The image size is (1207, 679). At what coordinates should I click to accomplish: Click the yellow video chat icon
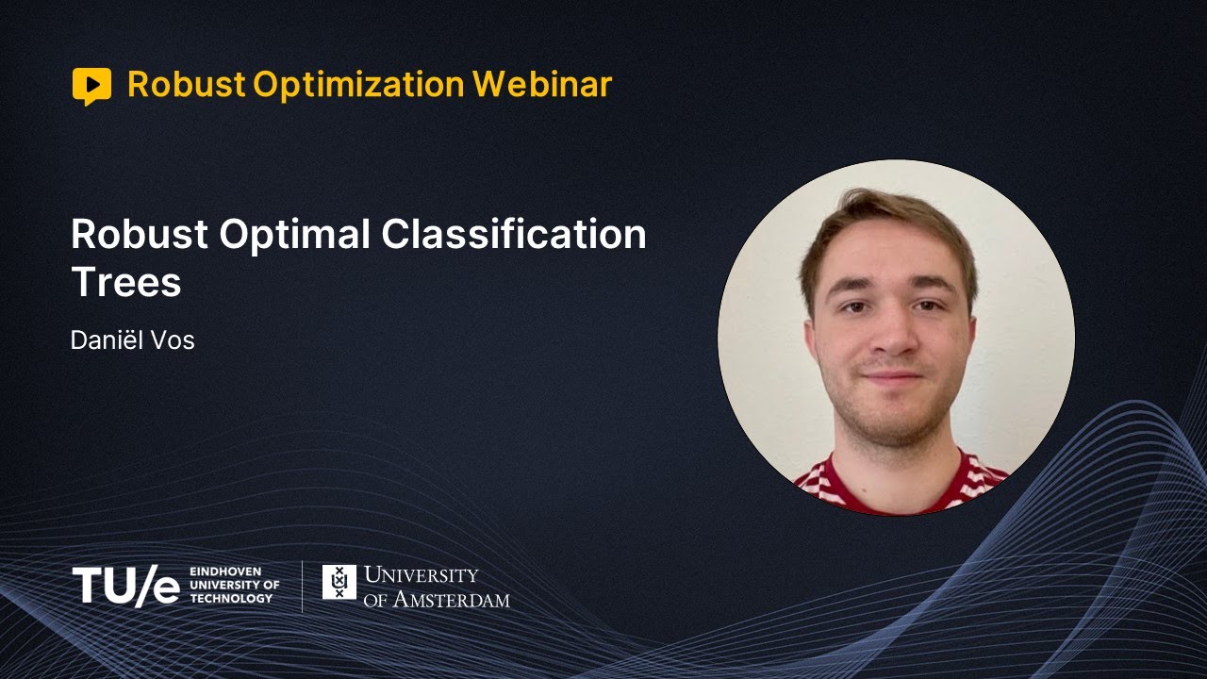(x=91, y=86)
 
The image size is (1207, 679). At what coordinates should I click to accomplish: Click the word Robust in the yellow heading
(x=186, y=85)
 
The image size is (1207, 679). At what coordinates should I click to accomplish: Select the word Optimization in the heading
(x=358, y=85)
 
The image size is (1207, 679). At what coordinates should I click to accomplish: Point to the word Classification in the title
(x=513, y=235)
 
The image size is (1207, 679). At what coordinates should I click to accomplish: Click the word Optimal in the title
(x=303, y=235)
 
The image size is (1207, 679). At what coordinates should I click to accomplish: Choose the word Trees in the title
(x=125, y=282)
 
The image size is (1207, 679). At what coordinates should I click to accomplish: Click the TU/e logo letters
(x=125, y=587)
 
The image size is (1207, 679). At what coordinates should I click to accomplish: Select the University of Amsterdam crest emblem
(x=339, y=582)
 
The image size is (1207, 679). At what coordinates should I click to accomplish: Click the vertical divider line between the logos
(x=303, y=586)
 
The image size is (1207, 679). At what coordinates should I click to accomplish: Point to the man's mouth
(x=892, y=376)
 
